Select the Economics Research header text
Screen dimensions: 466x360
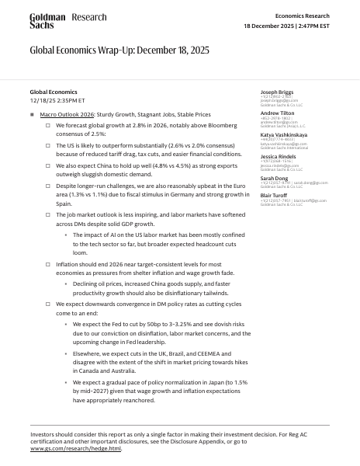[302, 16]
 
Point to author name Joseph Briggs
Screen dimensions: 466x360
[278, 92]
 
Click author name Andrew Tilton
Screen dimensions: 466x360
[278, 113]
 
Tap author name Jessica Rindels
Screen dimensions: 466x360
[278, 157]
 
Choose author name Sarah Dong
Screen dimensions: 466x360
[274, 178]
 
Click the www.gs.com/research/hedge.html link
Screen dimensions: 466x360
[76, 448]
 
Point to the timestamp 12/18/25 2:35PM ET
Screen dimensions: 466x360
[57, 101]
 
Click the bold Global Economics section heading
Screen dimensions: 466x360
[54, 92]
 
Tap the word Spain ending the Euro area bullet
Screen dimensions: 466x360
[64, 202]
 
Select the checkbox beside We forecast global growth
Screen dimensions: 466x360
[48, 123]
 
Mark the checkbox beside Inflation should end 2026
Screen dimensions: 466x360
[48, 264]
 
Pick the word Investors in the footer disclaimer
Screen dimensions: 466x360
[44, 433]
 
